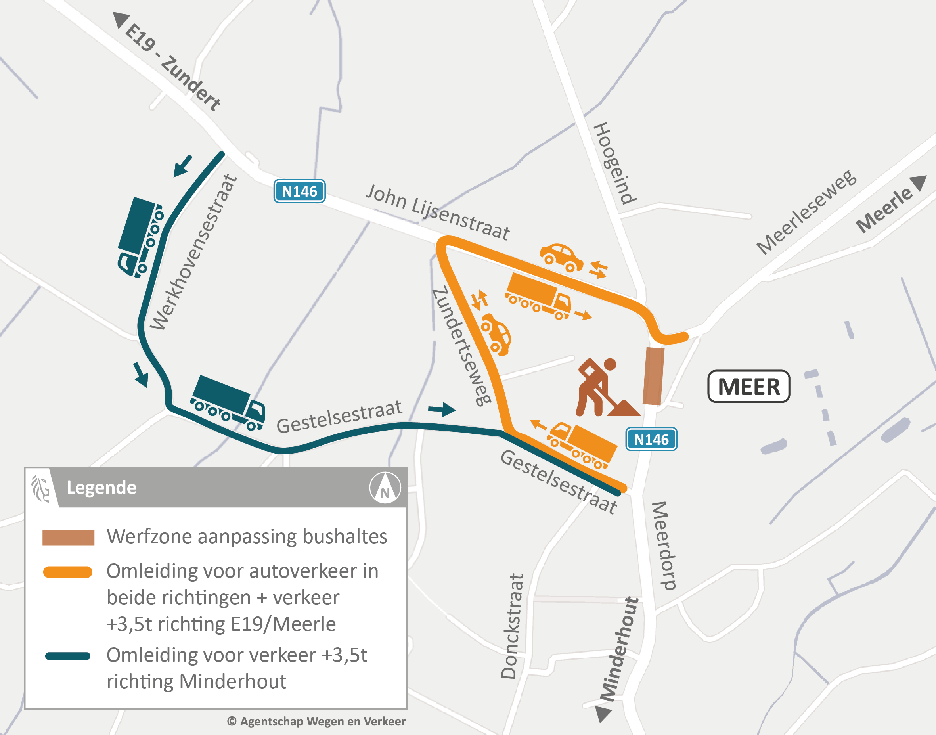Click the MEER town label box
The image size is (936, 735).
[748, 387]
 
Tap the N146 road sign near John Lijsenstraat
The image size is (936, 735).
[300, 191]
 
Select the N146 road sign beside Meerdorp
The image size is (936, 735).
[651, 439]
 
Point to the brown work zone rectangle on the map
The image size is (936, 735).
[653, 376]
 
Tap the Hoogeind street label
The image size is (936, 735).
[614, 163]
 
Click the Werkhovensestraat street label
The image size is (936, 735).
[193, 253]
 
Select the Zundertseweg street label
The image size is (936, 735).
[461, 346]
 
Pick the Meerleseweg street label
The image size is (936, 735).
[806, 212]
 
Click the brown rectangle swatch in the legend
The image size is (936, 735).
[68, 537]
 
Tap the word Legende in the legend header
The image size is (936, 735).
[101, 488]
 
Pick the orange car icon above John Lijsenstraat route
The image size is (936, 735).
[561, 257]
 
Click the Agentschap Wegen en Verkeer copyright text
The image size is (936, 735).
[316, 721]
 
